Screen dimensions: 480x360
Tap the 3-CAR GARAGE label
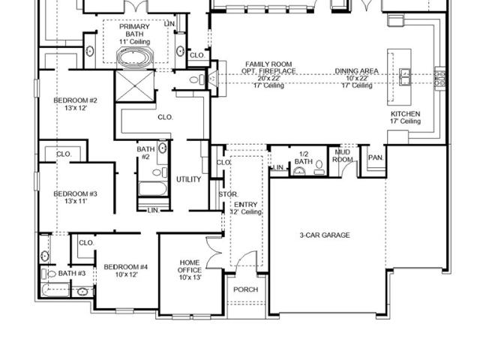[325, 235]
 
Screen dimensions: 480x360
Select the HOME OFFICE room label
[190, 266]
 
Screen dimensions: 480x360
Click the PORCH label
[245, 289]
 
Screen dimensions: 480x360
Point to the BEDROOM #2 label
[75, 100]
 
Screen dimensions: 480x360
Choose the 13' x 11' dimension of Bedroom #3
[76, 202]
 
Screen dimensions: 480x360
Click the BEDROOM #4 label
[126, 267]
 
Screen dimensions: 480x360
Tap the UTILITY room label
[188, 179]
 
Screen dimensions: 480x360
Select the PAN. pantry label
[376, 157]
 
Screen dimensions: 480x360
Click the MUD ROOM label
[343, 156]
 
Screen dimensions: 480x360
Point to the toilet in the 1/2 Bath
[319, 166]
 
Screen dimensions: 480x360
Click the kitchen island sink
[405, 76]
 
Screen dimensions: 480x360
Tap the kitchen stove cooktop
[440, 78]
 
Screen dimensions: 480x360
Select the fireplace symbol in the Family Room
[213, 79]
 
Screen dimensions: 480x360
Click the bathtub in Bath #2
[153, 189]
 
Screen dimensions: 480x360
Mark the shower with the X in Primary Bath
[135, 86]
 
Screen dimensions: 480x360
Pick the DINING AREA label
[357, 71]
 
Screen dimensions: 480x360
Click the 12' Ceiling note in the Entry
[246, 211]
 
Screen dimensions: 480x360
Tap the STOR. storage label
[228, 194]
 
